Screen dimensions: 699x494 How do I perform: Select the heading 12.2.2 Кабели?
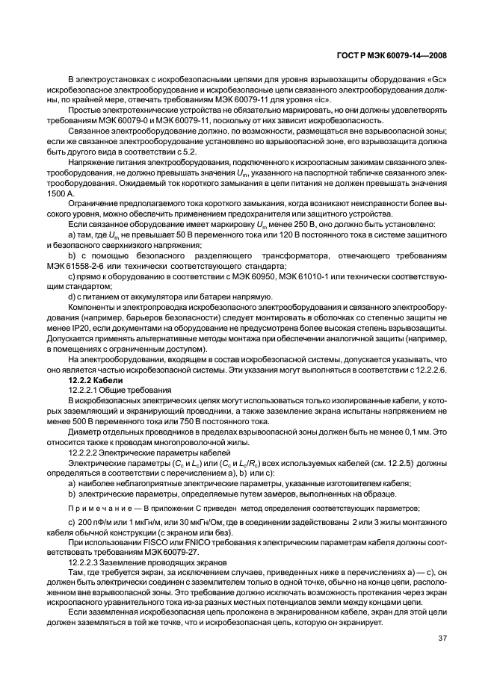pos(90,380)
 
